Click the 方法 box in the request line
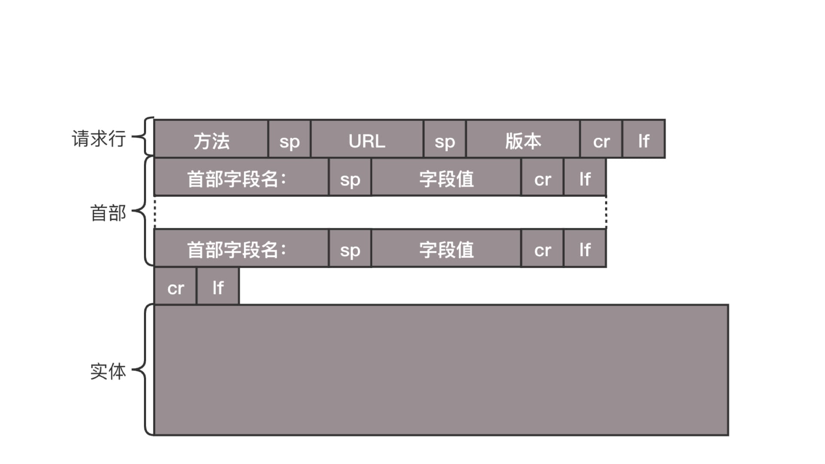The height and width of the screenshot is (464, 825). point(211,139)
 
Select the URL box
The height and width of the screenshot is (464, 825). point(367,139)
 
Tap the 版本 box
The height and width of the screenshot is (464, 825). point(523,139)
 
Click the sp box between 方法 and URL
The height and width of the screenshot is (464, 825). point(289,139)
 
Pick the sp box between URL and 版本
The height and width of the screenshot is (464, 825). point(445,139)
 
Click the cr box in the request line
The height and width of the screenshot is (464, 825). point(601,139)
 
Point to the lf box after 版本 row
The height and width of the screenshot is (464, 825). point(644,139)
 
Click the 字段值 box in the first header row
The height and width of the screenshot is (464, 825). point(446,177)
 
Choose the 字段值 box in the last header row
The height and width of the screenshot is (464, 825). point(446,248)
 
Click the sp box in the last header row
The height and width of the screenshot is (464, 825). point(350,248)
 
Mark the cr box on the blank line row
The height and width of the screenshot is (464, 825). point(175,286)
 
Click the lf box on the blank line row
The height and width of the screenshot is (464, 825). point(218,286)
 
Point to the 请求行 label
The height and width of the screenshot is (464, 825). point(99,138)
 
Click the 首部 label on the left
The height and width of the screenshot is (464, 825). point(108,213)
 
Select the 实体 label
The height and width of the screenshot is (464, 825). point(108,371)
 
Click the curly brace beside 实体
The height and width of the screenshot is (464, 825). point(146,369)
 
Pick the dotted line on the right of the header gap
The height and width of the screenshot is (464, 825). point(606,212)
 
